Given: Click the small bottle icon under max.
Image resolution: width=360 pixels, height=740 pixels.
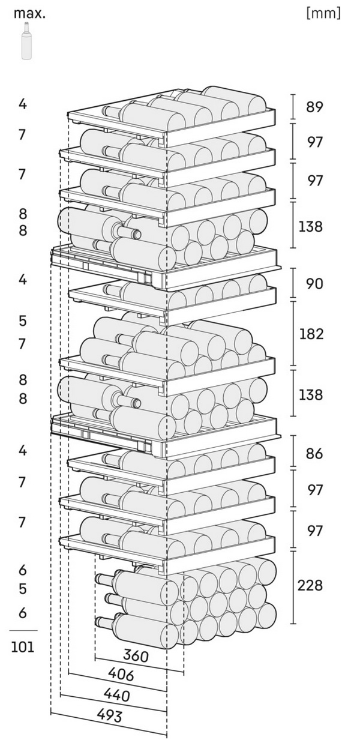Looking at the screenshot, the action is click(26, 41).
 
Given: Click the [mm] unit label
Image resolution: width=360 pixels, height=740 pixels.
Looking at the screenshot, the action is click(323, 14).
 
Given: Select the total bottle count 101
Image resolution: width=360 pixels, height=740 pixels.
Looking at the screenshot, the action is click(23, 646).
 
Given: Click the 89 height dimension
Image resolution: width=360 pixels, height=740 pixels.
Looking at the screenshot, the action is click(314, 107).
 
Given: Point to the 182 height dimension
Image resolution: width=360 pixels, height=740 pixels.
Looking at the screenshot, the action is click(311, 334).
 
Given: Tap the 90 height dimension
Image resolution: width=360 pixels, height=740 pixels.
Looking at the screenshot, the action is click(314, 284).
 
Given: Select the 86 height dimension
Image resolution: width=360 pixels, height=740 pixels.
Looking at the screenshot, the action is click(314, 453).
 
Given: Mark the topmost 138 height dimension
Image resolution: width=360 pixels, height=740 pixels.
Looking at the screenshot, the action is click(310, 227).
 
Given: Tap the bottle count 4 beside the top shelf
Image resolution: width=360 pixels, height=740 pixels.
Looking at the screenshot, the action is click(22, 104).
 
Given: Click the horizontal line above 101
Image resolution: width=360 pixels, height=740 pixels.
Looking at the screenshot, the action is click(23, 630).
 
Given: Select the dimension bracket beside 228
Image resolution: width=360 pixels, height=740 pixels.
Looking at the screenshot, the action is click(293, 587).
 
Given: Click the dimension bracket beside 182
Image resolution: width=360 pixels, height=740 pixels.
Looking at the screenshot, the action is click(293, 334).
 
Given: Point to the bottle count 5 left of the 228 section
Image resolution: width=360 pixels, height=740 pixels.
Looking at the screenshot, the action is click(22, 589).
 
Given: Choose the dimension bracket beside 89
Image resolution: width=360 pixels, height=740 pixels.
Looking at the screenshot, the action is click(293, 107).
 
